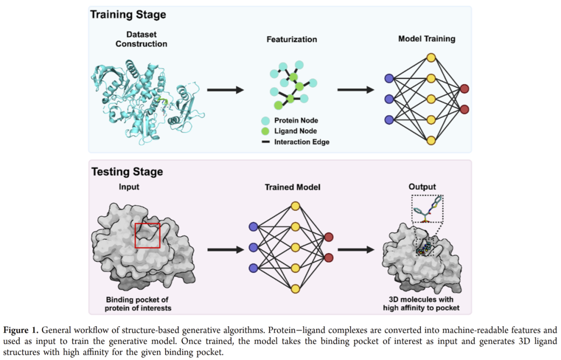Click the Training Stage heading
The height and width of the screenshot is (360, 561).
click(x=128, y=14)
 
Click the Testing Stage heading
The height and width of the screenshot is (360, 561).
click(x=127, y=171)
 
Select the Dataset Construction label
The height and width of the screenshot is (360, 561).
click(x=141, y=39)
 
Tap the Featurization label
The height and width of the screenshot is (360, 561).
click(x=291, y=39)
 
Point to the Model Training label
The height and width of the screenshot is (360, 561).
click(x=426, y=39)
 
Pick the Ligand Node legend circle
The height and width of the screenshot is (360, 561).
click(x=265, y=131)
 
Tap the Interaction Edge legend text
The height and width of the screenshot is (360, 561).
click(x=302, y=142)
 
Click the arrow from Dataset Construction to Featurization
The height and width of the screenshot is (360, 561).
click(x=225, y=90)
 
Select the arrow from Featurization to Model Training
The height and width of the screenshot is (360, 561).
click(x=356, y=90)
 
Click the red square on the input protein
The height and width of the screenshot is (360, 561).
click(x=148, y=236)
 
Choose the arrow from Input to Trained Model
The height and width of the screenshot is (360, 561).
click(x=225, y=250)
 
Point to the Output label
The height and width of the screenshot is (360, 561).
click(x=422, y=187)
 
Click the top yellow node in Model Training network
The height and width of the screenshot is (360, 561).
click(x=431, y=58)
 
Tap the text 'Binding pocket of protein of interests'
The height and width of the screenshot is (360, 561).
click(x=137, y=304)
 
